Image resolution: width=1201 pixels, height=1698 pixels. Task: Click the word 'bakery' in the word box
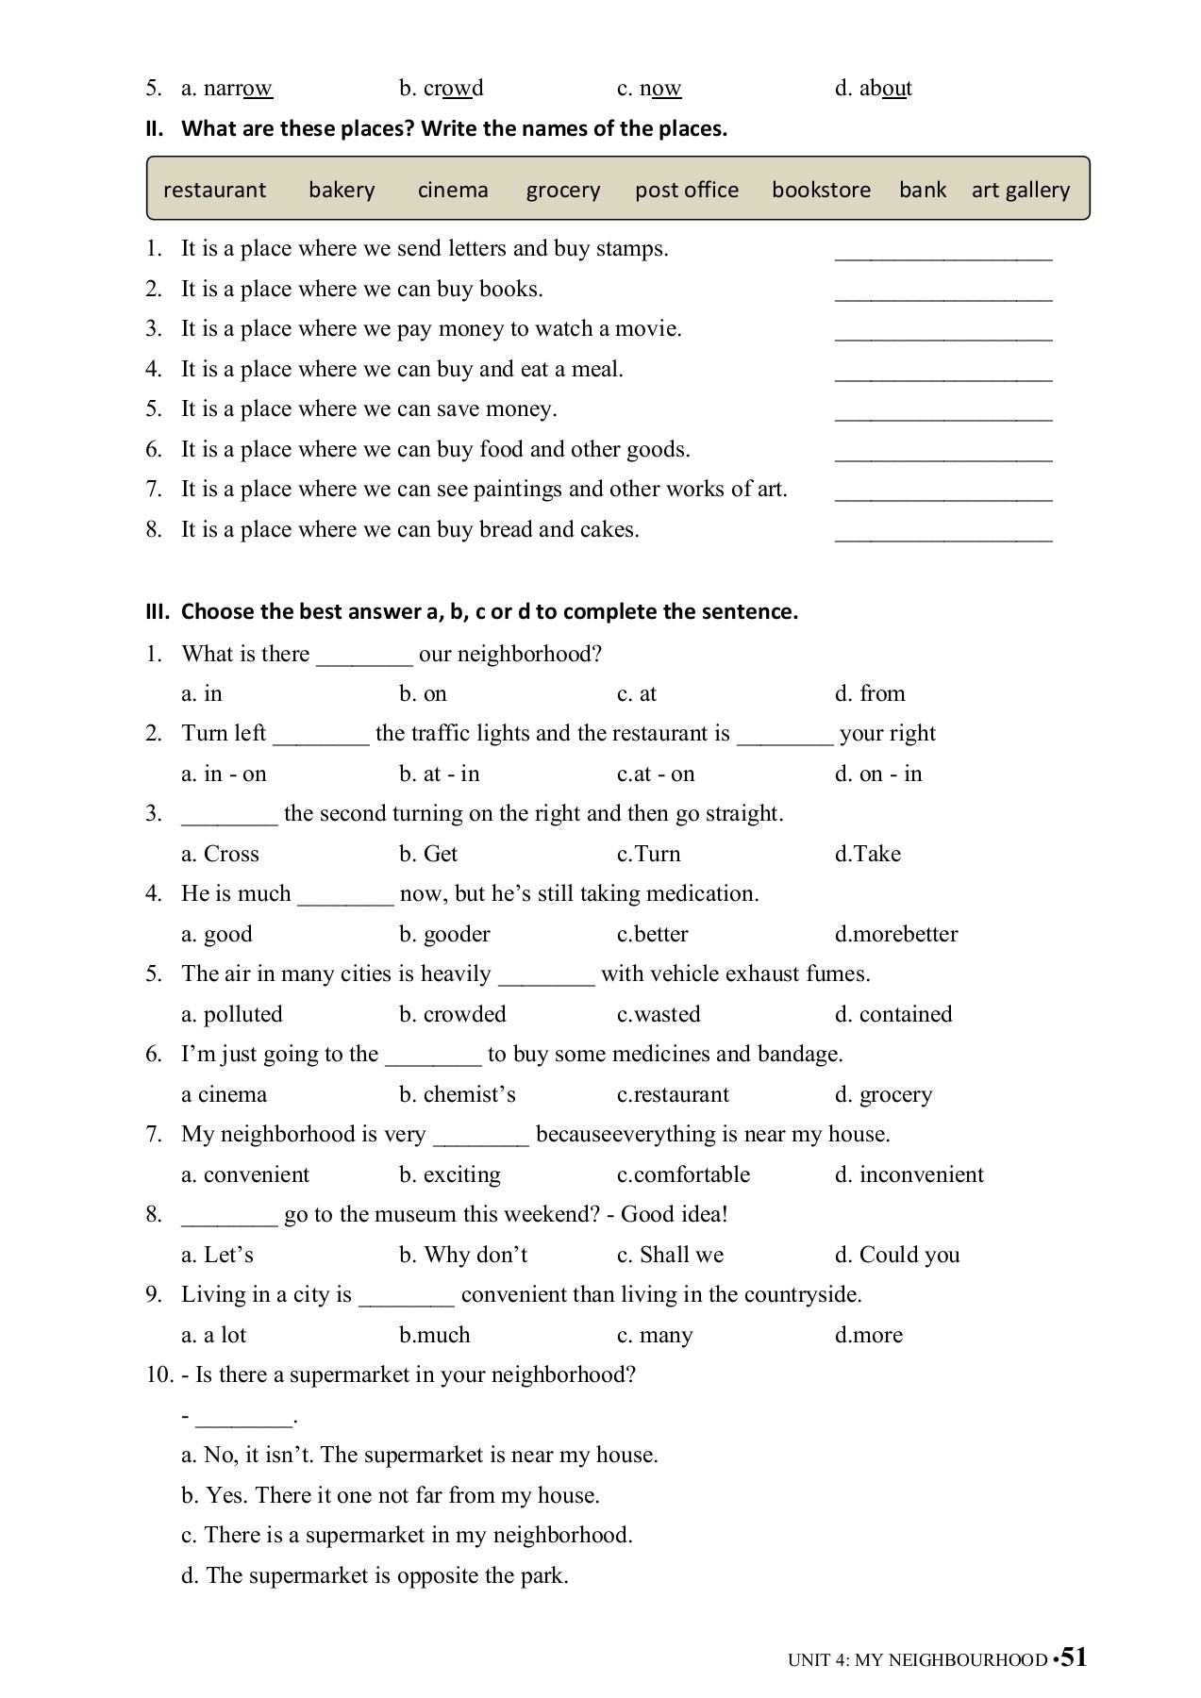(x=342, y=190)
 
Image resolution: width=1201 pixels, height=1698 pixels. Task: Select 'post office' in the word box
(x=686, y=190)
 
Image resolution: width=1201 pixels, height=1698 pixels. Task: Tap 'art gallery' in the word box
(x=1020, y=190)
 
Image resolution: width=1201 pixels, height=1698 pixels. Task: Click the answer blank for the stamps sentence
(x=942, y=252)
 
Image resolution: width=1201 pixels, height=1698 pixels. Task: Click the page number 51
(x=1074, y=1656)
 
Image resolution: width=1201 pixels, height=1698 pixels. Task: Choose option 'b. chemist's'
(x=457, y=1094)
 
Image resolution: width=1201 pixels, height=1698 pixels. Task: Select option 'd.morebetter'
(x=895, y=934)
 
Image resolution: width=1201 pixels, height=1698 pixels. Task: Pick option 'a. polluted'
(x=232, y=1014)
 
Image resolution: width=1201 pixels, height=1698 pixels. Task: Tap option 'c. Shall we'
(x=670, y=1255)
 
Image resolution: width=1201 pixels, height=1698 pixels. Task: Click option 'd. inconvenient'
(x=909, y=1174)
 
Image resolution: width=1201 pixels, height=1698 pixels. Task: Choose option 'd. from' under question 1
(x=869, y=693)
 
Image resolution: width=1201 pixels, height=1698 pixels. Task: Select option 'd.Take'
(x=867, y=854)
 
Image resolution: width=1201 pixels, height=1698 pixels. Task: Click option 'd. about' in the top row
(x=873, y=89)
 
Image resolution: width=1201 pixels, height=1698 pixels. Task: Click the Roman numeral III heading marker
(x=157, y=611)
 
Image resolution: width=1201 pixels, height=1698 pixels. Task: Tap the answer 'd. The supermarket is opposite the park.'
(x=375, y=1575)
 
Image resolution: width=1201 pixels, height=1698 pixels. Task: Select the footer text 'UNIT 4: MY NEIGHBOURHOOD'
(x=917, y=1659)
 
